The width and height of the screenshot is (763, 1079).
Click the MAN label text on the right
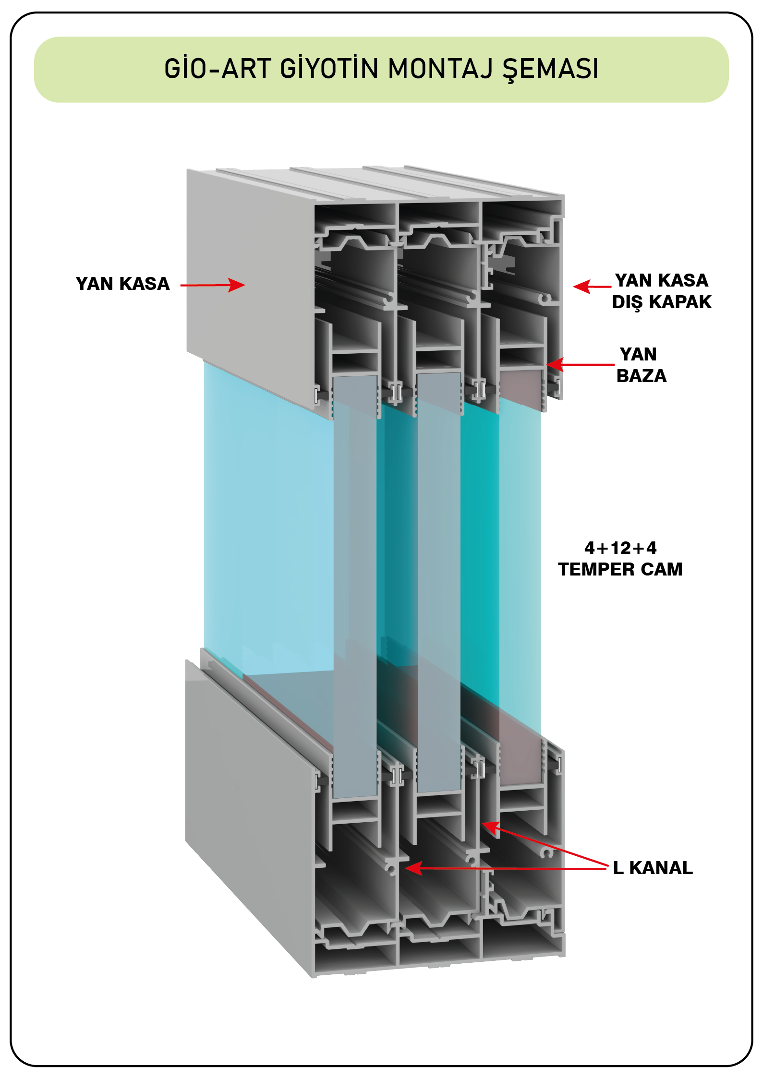(x=638, y=354)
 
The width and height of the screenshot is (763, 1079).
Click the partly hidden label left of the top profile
(x=127, y=285)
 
